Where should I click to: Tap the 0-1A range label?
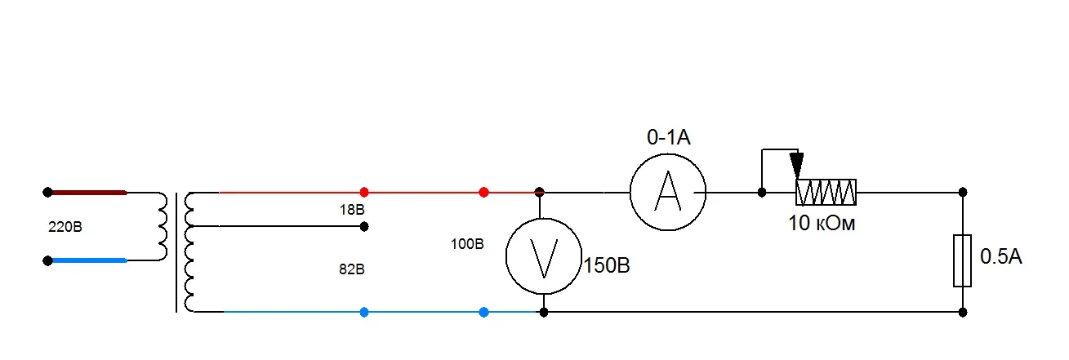coord(668,137)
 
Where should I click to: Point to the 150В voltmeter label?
coord(607,265)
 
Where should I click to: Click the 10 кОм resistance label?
coord(822,223)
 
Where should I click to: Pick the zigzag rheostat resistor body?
coord(826,192)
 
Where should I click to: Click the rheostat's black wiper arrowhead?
coord(796,166)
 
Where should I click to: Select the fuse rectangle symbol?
coord(962,260)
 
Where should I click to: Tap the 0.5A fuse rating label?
coord(1000,256)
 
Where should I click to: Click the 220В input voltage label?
coord(65,226)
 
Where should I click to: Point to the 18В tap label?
coord(352,209)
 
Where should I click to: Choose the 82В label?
coord(352,269)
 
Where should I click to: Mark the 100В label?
coord(467,244)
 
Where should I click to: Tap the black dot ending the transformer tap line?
coord(364,226)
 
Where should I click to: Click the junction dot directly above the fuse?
coord(963,192)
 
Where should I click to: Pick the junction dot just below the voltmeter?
coord(544,313)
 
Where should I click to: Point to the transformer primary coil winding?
coord(163,226)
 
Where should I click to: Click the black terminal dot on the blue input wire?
coord(47,261)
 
